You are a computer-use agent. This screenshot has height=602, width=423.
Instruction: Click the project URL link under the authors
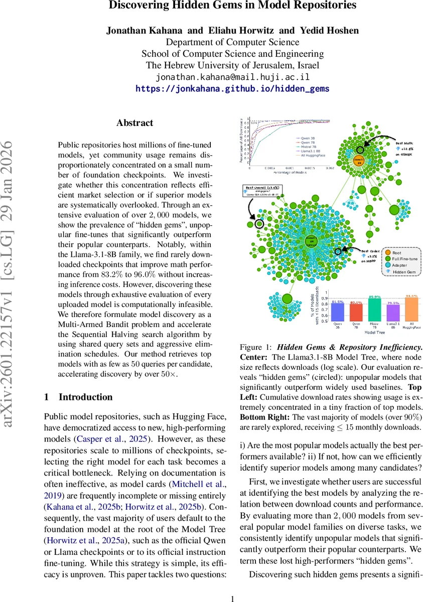(x=233, y=89)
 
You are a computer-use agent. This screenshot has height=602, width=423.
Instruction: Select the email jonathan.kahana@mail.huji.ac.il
(x=233, y=77)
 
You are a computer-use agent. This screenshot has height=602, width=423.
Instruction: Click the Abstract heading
(x=135, y=123)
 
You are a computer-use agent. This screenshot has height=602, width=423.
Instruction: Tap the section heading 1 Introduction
(x=79, y=397)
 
